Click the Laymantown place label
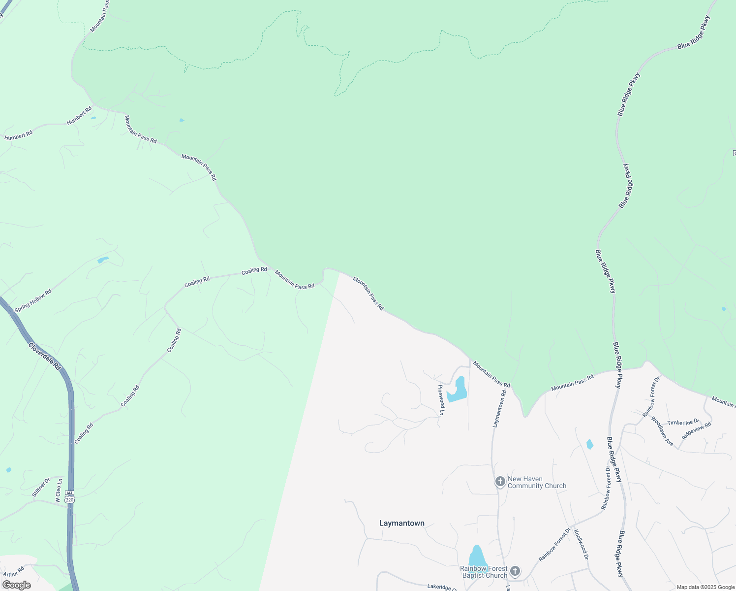click(401, 523)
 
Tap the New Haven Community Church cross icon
click(500, 482)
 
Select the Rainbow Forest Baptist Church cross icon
click(515, 571)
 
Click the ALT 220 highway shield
click(69, 496)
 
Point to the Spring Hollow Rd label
click(33, 301)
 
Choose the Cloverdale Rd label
click(44, 357)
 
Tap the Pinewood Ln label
click(441, 399)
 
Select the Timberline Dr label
click(683, 422)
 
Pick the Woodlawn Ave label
click(662, 431)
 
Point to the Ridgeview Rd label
click(697, 431)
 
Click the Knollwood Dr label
click(581, 545)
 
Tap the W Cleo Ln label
click(59, 491)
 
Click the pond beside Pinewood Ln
click(459, 390)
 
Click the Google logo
click(16, 585)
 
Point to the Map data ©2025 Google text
click(705, 587)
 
